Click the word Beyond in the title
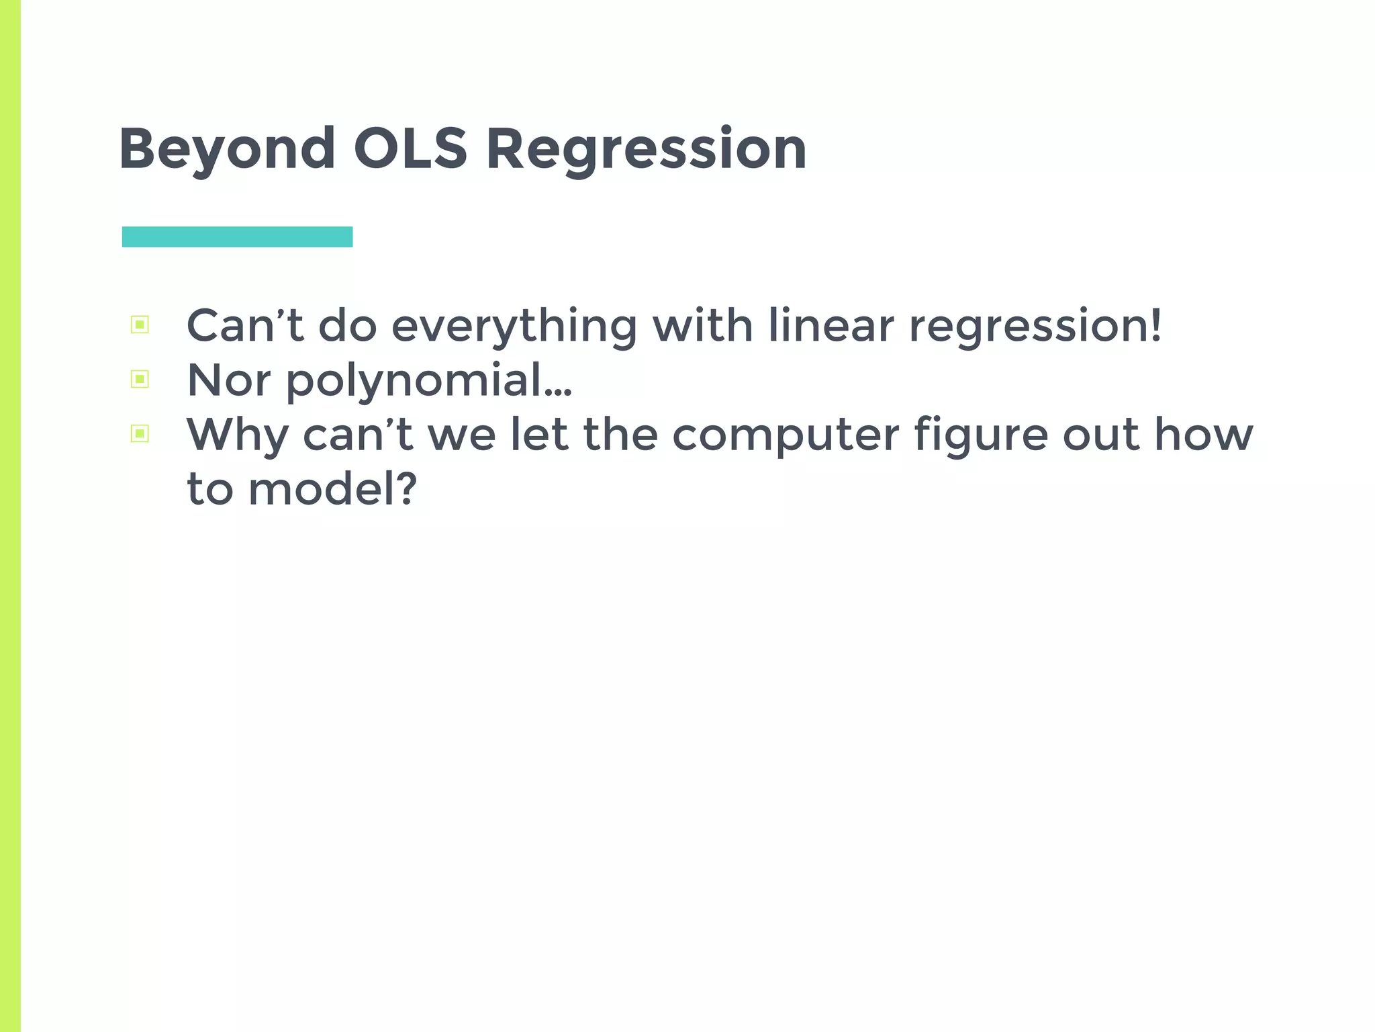[227, 149]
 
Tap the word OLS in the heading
[410, 149]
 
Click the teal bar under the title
[237, 236]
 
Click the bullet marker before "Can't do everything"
[140, 325]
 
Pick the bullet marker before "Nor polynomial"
[140, 380]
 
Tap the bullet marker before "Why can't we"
[140, 434]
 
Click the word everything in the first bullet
[514, 327]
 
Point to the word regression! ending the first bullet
[1035, 327]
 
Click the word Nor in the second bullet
[228, 380]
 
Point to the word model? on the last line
[332, 488]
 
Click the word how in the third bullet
[1203, 435]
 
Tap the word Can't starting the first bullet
[244, 326]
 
